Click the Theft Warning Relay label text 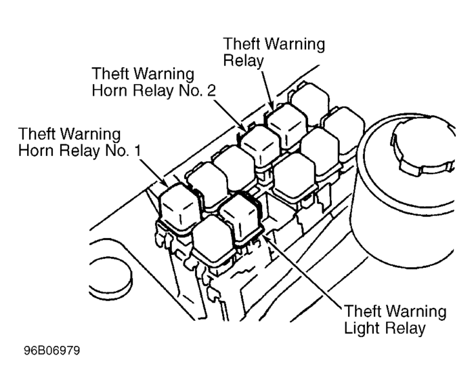coord(274,52)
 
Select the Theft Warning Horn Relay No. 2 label coord(154,82)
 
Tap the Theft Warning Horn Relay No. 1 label coord(79,142)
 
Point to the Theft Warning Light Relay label coord(395,319)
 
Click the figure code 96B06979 coord(52,351)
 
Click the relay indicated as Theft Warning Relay coord(287,125)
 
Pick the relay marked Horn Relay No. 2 coord(261,146)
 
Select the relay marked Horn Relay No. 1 coord(179,208)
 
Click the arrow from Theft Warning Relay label coord(267,90)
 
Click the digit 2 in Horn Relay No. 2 coord(211,90)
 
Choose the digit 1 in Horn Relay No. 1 coord(138,151)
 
